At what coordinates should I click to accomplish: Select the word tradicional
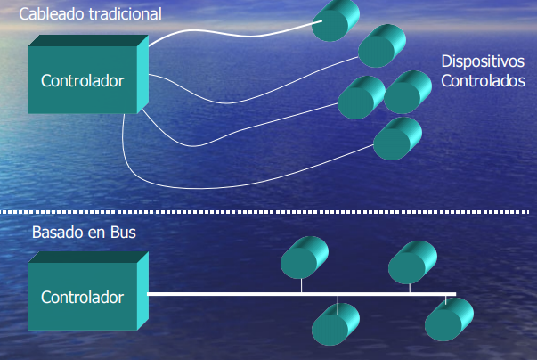[x=126, y=14]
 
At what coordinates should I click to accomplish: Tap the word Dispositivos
[x=483, y=61]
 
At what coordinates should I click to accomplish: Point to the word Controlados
[x=483, y=81]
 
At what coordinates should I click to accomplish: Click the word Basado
[x=58, y=233]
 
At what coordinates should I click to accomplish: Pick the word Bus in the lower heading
[x=123, y=233]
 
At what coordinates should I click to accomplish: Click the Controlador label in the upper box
[x=82, y=81]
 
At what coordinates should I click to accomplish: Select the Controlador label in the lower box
[x=82, y=298]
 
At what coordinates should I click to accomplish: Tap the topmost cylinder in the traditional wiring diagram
[x=335, y=20]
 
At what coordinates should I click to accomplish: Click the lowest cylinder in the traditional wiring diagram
[x=397, y=139]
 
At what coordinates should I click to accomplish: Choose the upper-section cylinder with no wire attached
[x=408, y=92]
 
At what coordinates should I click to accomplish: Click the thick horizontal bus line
[x=301, y=294]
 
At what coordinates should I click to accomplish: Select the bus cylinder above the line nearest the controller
[x=304, y=258]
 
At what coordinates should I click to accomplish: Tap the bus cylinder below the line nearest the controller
[x=335, y=324]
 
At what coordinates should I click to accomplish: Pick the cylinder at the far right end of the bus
[x=449, y=319]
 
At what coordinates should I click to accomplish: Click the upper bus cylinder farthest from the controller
[x=412, y=262]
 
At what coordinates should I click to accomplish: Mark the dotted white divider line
[x=264, y=212]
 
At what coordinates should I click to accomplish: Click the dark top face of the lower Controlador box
[x=88, y=257]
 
